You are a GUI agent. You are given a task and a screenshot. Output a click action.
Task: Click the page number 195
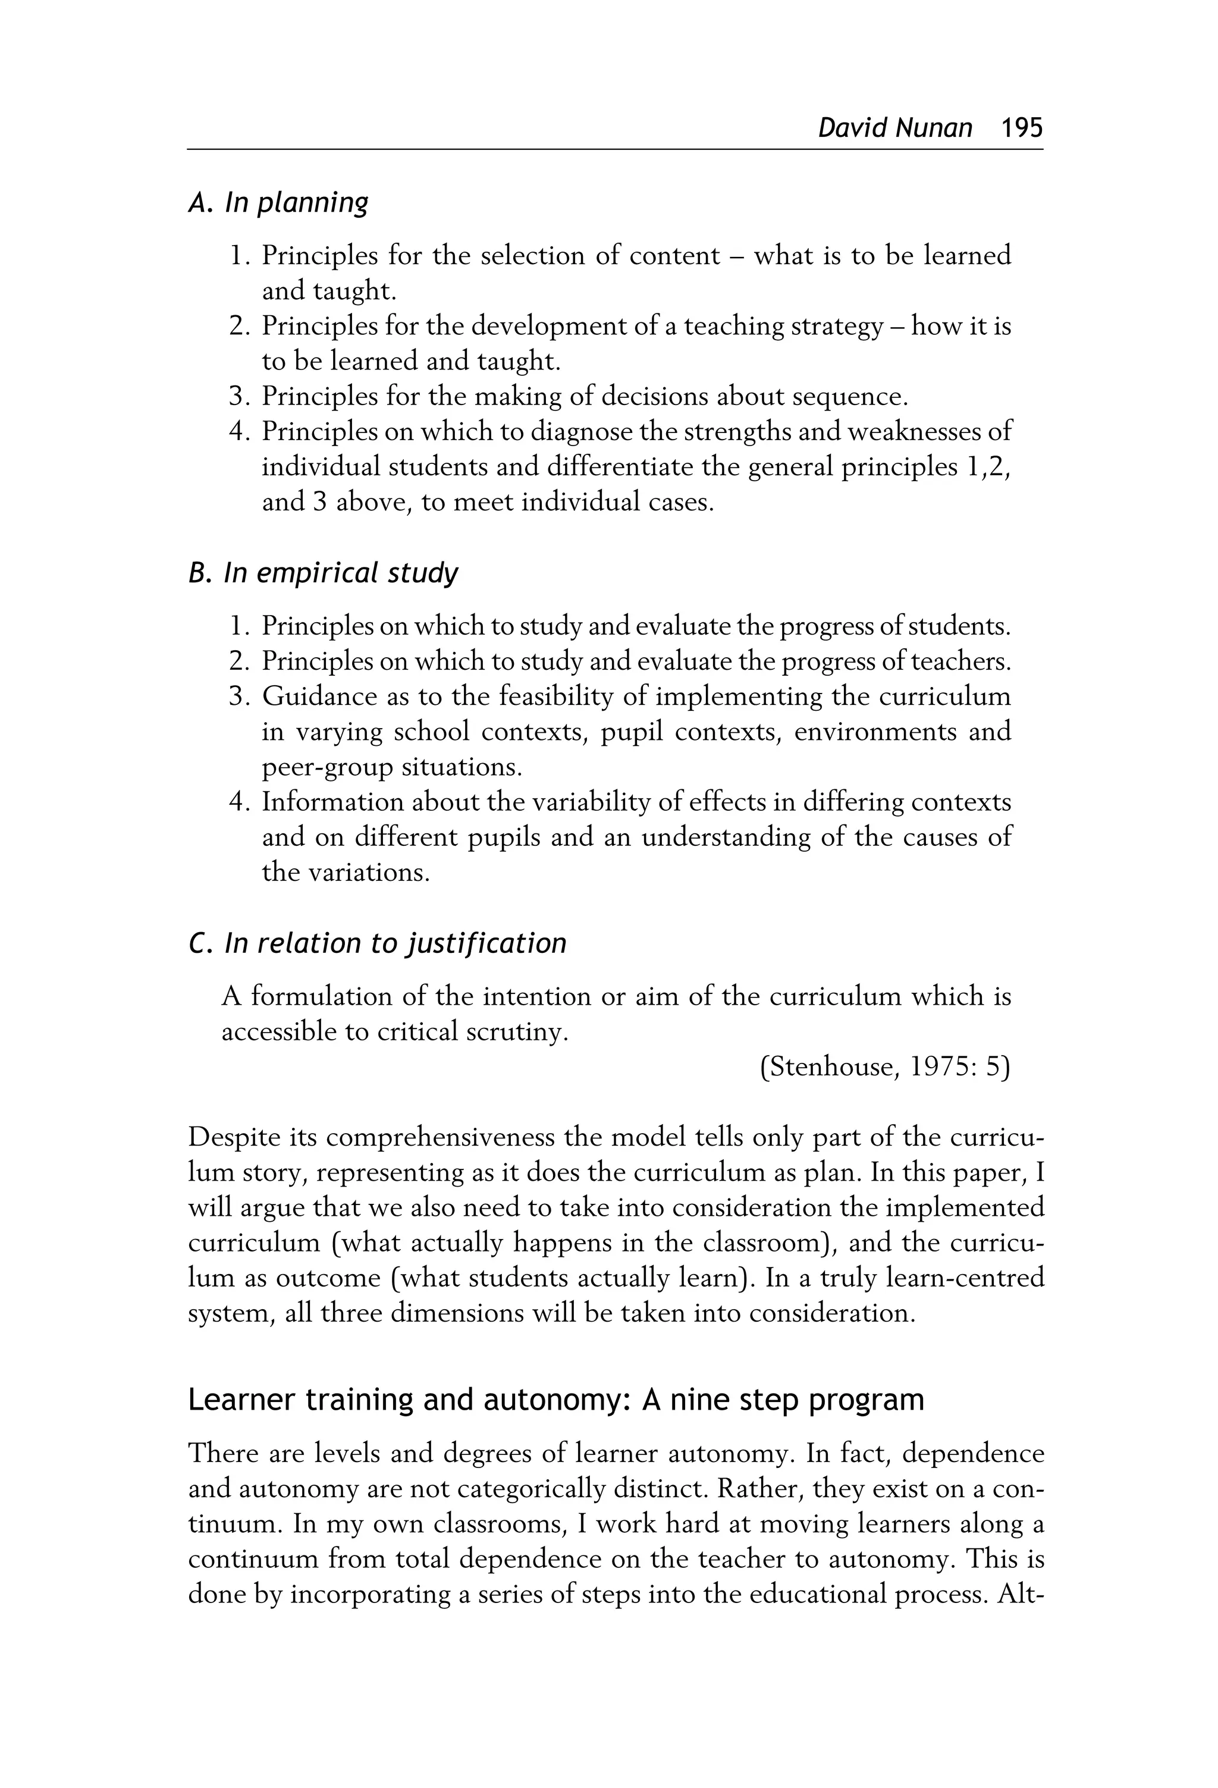coord(1021,127)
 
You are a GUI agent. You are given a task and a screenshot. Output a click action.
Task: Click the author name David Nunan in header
coord(895,127)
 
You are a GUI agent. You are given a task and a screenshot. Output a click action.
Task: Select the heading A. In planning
coord(278,202)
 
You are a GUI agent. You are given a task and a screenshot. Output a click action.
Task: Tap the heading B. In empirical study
coord(323,573)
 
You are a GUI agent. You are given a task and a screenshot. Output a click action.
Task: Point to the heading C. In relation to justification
coord(377,943)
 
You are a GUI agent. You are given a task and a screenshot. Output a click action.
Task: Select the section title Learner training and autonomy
coord(555,1400)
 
